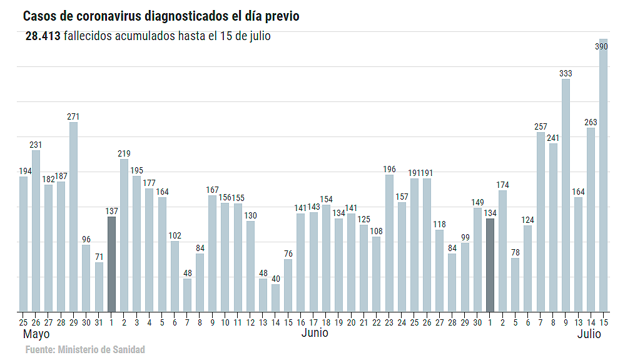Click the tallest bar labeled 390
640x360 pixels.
tap(603, 175)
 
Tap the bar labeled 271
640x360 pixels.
tap(73, 217)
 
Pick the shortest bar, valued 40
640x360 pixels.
tap(275, 298)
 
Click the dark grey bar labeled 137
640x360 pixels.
tap(111, 264)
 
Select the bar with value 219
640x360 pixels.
tap(124, 235)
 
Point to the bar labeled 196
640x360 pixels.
tap(389, 243)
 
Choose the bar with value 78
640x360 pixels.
tap(515, 285)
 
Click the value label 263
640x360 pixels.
tap(591, 122)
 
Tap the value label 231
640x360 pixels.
tap(36, 145)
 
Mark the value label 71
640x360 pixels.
tap(99, 257)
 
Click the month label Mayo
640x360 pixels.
tap(36, 334)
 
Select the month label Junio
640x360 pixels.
tap(314, 333)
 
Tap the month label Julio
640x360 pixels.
tap(589, 334)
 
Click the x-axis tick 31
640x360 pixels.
tap(99, 322)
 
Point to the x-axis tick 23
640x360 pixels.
tap(389, 322)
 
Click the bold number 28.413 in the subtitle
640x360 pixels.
tap(43, 36)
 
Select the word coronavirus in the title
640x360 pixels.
tap(114, 16)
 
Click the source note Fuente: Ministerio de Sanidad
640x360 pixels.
tap(85, 349)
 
